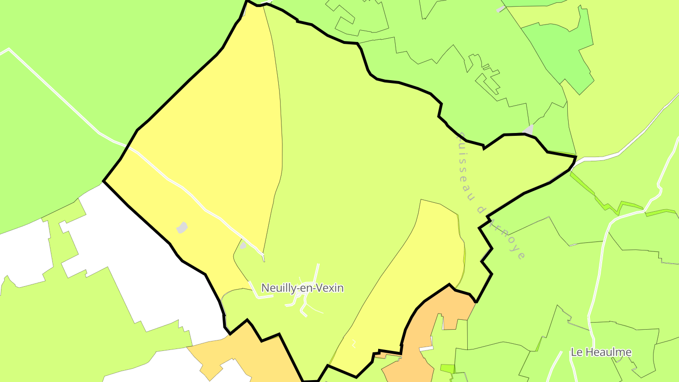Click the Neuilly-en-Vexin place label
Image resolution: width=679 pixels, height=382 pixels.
pyautogui.click(x=302, y=288)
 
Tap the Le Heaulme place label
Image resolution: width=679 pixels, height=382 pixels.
pyautogui.click(x=601, y=352)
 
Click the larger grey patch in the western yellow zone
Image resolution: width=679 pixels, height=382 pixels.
pyautogui.click(x=182, y=228)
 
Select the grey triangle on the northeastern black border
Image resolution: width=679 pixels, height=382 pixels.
pyautogui.click(x=529, y=130)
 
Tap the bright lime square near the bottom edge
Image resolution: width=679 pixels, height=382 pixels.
pyautogui.click(x=447, y=368)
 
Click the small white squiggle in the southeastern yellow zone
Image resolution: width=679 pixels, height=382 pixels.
pyautogui.click(x=354, y=344)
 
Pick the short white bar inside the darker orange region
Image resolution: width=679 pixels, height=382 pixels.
pyautogui.click(x=427, y=349)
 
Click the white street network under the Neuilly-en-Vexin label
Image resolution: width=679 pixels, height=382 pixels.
pyautogui.click(x=304, y=302)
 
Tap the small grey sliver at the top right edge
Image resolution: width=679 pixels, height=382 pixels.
pyautogui.click(x=501, y=9)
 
